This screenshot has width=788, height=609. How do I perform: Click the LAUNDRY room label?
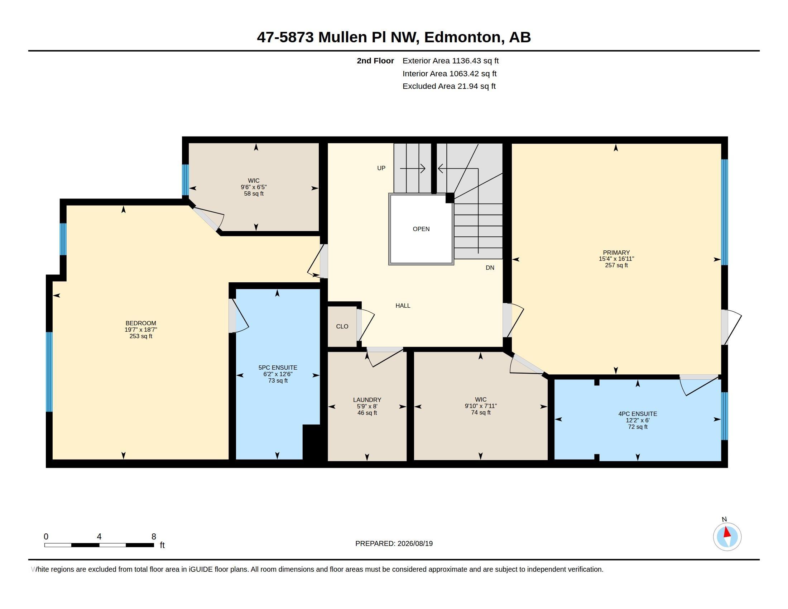[367, 400]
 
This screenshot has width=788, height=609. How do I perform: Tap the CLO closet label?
[342, 326]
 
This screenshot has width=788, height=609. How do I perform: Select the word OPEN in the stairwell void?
[421, 229]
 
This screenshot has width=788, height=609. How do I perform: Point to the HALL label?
[403, 306]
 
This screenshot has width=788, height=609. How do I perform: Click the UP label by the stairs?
[381, 168]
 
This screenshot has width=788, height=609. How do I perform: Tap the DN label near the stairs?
[490, 268]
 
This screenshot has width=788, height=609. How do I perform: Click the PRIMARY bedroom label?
[616, 253]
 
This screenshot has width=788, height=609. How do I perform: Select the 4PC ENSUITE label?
[638, 414]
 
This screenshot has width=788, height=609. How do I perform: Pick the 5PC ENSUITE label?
[278, 368]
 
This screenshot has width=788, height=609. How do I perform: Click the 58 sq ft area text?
[254, 194]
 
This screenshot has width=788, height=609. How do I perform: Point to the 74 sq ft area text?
[481, 412]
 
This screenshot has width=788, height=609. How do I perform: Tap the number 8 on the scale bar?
[154, 537]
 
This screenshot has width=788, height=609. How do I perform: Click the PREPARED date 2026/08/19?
[415, 543]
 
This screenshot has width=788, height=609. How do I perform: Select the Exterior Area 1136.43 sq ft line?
[451, 61]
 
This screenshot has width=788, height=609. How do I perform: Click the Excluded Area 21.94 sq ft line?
[449, 86]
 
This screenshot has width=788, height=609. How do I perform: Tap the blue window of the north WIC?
[186, 180]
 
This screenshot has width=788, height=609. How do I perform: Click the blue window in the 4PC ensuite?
[724, 416]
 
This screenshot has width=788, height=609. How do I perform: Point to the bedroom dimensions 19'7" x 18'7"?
[141, 330]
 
